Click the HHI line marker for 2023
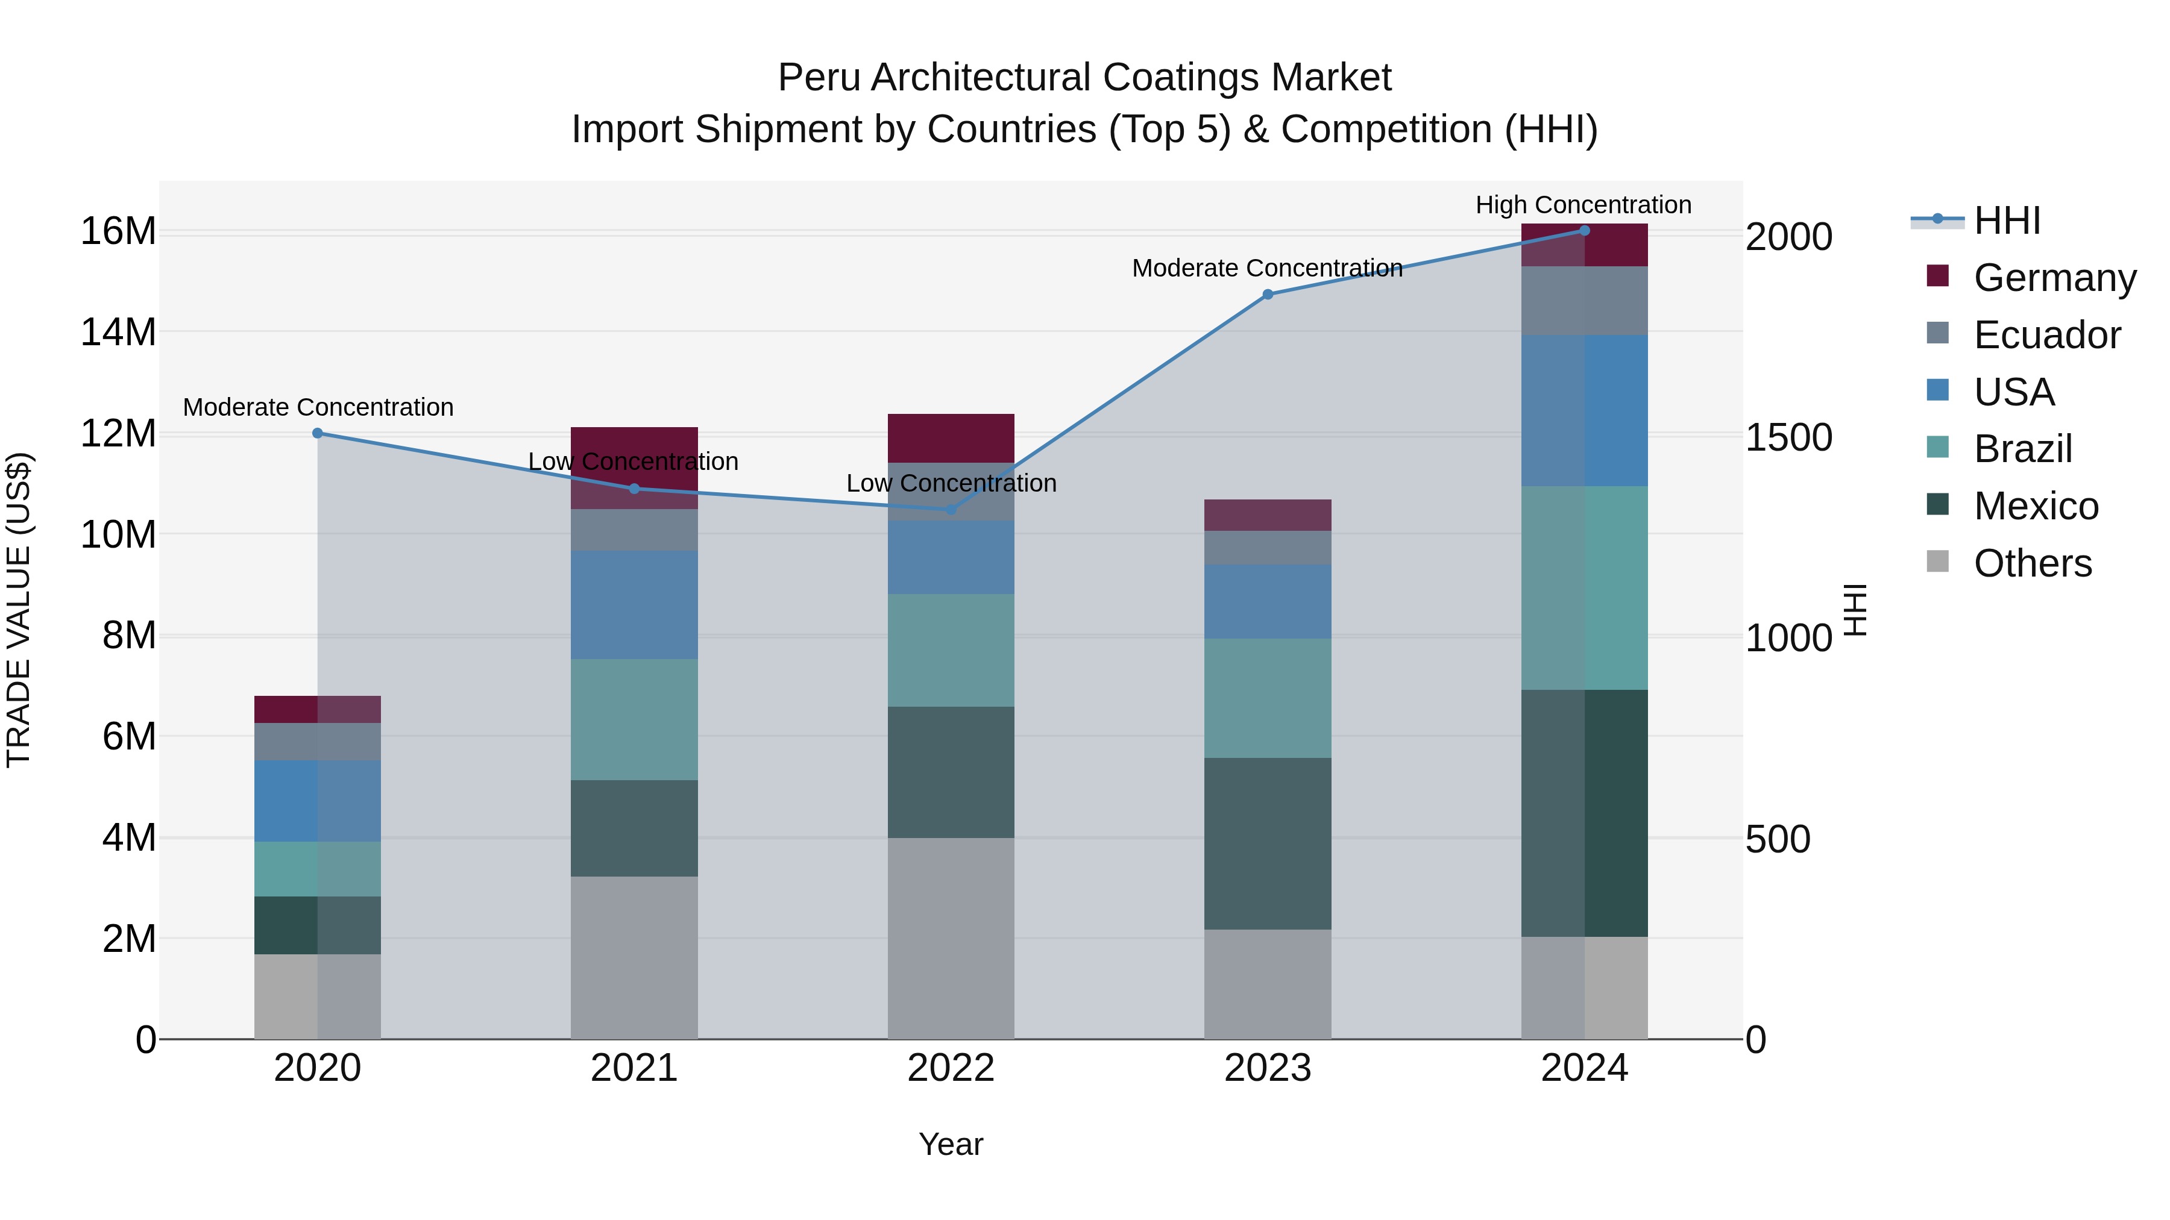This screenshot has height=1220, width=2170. click(x=1267, y=295)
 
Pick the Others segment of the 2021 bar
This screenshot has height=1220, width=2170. click(x=634, y=957)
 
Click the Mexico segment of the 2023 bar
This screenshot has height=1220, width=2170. click(x=1267, y=843)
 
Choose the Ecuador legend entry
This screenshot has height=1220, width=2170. click(x=2046, y=335)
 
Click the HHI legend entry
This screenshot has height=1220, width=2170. click(x=2007, y=221)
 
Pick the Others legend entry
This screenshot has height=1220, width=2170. click(x=2032, y=563)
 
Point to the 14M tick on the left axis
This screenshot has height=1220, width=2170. click(x=118, y=333)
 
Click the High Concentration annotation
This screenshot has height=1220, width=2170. click(x=1583, y=205)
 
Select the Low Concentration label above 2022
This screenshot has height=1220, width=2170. click(x=951, y=483)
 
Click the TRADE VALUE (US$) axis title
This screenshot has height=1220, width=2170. click(x=19, y=610)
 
